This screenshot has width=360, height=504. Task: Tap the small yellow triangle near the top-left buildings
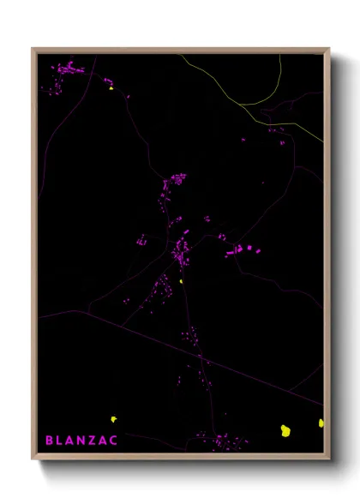click(111, 87)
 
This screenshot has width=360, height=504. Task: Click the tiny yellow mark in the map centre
click(182, 280)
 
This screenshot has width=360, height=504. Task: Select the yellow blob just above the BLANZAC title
click(113, 419)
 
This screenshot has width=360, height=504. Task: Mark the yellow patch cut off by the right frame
click(321, 423)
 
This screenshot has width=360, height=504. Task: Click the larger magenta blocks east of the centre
click(239, 250)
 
